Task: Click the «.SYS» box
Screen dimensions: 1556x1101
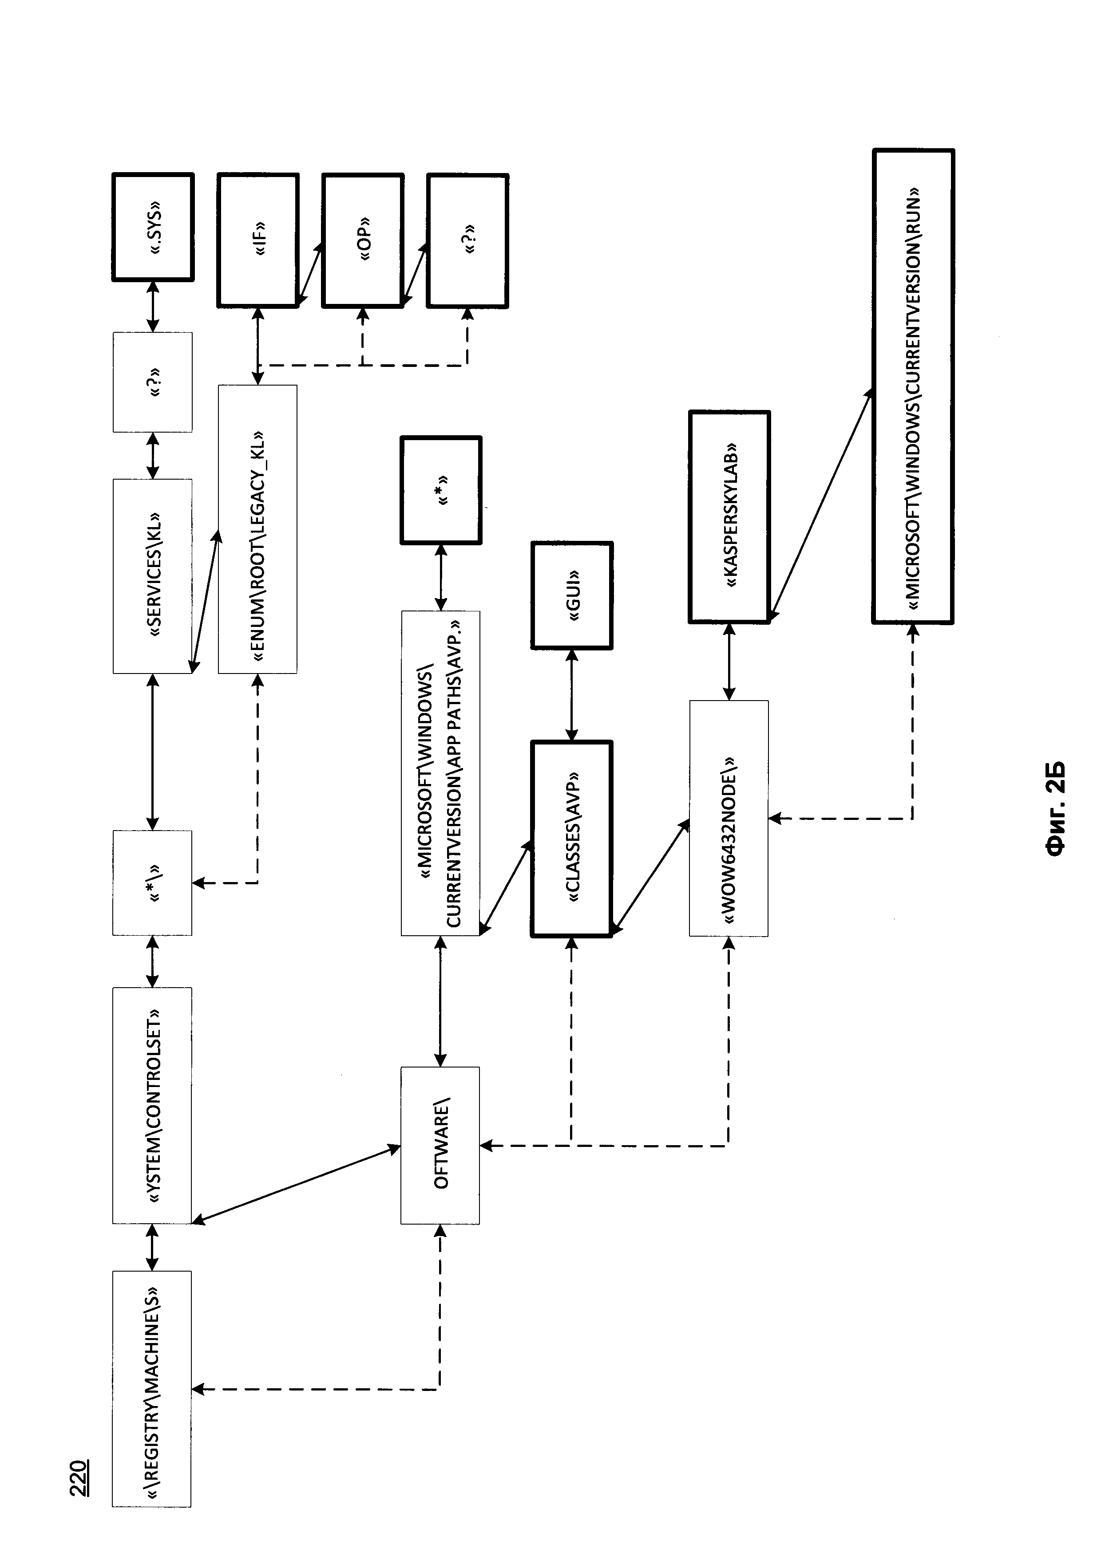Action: click(153, 227)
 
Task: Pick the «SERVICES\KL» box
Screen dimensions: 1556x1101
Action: click(153, 576)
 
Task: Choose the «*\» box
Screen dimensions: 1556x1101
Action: click(153, 883)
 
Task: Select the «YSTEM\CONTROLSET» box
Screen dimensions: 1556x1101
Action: click(153, 1105)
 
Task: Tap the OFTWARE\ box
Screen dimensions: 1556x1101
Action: click(441, 1145)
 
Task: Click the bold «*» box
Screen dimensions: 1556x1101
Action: click(441, 490)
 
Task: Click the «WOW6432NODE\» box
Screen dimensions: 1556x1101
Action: click(729, 818)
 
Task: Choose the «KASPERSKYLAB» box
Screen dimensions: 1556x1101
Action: click(729, 516)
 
